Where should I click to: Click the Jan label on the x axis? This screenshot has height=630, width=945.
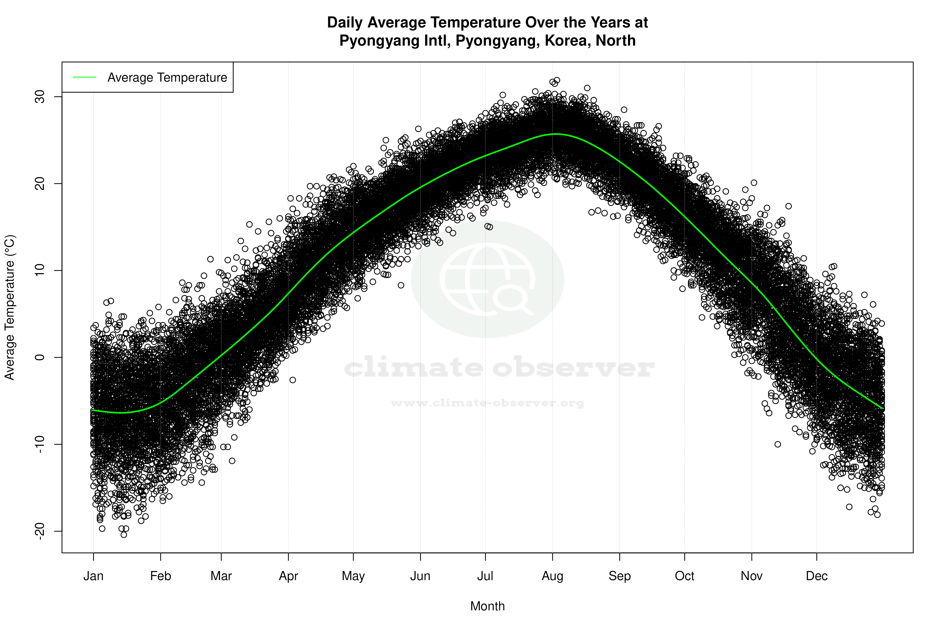click(93, 576)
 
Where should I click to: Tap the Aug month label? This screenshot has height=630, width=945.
click(552, 576)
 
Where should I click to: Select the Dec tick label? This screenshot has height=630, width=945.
click(816, 576)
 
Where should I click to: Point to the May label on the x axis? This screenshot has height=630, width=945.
click(353, 576)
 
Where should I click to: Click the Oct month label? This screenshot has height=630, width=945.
click(684, 576)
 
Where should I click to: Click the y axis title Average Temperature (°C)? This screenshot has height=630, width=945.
click(10, 307)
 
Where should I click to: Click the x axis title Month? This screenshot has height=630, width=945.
click(487, 606)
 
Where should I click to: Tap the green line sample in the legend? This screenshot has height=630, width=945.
click(85, 77)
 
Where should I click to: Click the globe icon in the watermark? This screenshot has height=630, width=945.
click(487, 279)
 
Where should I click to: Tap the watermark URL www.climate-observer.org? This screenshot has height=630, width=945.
click(487, 403)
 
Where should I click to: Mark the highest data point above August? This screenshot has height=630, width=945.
click(556, 80)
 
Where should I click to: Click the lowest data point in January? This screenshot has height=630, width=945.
click(124, 534)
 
